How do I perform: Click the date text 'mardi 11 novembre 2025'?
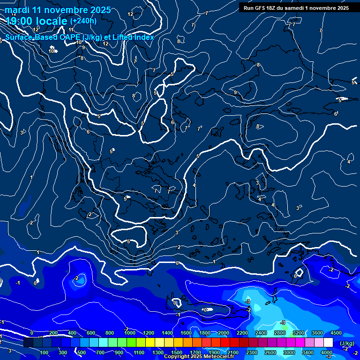tap(58, 10)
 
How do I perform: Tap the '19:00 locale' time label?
tap(37, 21)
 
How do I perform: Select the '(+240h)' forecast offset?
tap(83, 21)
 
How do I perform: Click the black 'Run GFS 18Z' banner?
tap(296, 7)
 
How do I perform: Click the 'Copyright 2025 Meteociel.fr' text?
tap(199, 357)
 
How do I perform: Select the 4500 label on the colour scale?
tap(336, 333)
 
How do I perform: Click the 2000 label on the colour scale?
tap(224, 333)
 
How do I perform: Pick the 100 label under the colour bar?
tap(44, 352)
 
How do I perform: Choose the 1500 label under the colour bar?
tap(176, 352)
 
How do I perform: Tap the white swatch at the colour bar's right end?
tap(328, 343)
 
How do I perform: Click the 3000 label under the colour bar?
tap(289, 352)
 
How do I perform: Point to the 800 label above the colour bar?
tap(110, 333)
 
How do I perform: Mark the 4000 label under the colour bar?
tap(327, 352)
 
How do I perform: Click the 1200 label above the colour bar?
tap(148, 333)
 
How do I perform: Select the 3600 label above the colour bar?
tap(317, 333)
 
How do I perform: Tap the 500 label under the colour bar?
tap(82, 352)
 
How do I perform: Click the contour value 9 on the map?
tap(235, 92)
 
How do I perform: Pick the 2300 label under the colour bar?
tap(252, 352)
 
